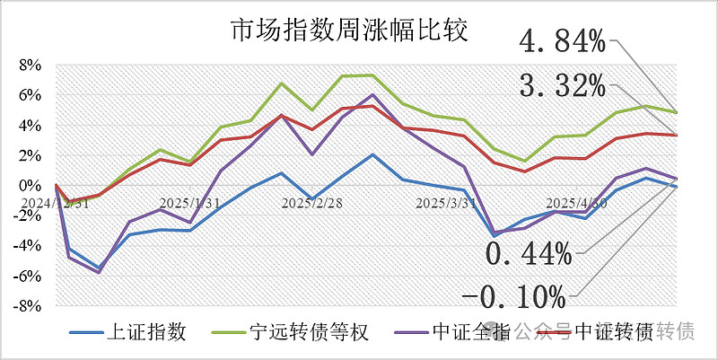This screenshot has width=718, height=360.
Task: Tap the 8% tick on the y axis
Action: pyautogui.click(x=31, y=66)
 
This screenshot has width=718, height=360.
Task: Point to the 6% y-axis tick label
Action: pyautogui.click(x=31, y=95)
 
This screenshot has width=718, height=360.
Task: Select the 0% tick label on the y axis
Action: pyautogui.click(x=31, y=186)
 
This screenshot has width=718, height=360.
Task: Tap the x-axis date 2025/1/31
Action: pyautogui.click(x=189, y=203)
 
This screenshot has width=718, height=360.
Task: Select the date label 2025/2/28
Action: pyautogui.click(x=312, y=203)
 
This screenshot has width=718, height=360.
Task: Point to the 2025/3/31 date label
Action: pyautogui.click(x=446, y=203)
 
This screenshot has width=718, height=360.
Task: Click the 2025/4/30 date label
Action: pyautogui.click(x=577, y=203)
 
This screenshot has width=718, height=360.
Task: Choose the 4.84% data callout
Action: pyautogui.click(x=564, y=41)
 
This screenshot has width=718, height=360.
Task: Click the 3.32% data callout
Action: pyautogui.click(x=564, y=87)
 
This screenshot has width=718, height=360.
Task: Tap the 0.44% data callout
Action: pyautogui.click(x=529, y=254)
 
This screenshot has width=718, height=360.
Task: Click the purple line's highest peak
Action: pyautogui.click(x=372, y=94)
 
